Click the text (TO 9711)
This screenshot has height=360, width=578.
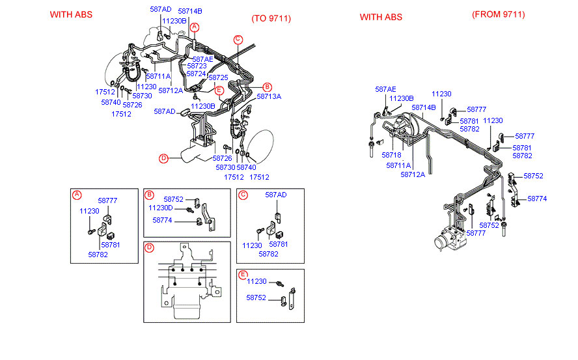pyautogui.click(x=271, y=18)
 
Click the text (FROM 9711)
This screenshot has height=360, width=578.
pyautogui.click(x=498, y=14)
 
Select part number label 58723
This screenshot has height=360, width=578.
pyautogui.click(x=197, y=66)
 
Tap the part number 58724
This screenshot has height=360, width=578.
pyautogui.click(x=197, y=74)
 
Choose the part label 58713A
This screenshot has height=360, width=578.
pyautogui.click(x=269, y=96)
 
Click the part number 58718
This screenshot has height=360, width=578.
pyautogui.click(x=392, y=155)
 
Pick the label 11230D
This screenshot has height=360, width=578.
pyautogui.click(x=161, y=208)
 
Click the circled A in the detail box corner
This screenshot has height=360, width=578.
pyautogui.click(x=77, y=195)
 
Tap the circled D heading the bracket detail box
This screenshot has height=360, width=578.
pyautogui.click(x=149, y=247)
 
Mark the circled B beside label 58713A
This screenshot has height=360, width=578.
pyautogui.click(x=267, y=87)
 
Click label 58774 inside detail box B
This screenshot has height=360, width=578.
pyautogui.click(x=163, y=220)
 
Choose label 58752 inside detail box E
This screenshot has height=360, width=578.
pyautogui.click(x=256, y=298)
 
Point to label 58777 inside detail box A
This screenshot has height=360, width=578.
pyautogui.click(x=107, y=201)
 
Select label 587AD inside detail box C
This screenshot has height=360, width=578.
pyautogui.click(x=275, y=195)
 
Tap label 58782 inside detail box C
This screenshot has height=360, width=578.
pyautogui.click(x=269, y=254)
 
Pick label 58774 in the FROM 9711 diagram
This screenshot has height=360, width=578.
pyautogui.click(x=537, y=199)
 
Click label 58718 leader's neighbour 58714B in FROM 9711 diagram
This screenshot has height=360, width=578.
pyautogui.click(x=423, y=107)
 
